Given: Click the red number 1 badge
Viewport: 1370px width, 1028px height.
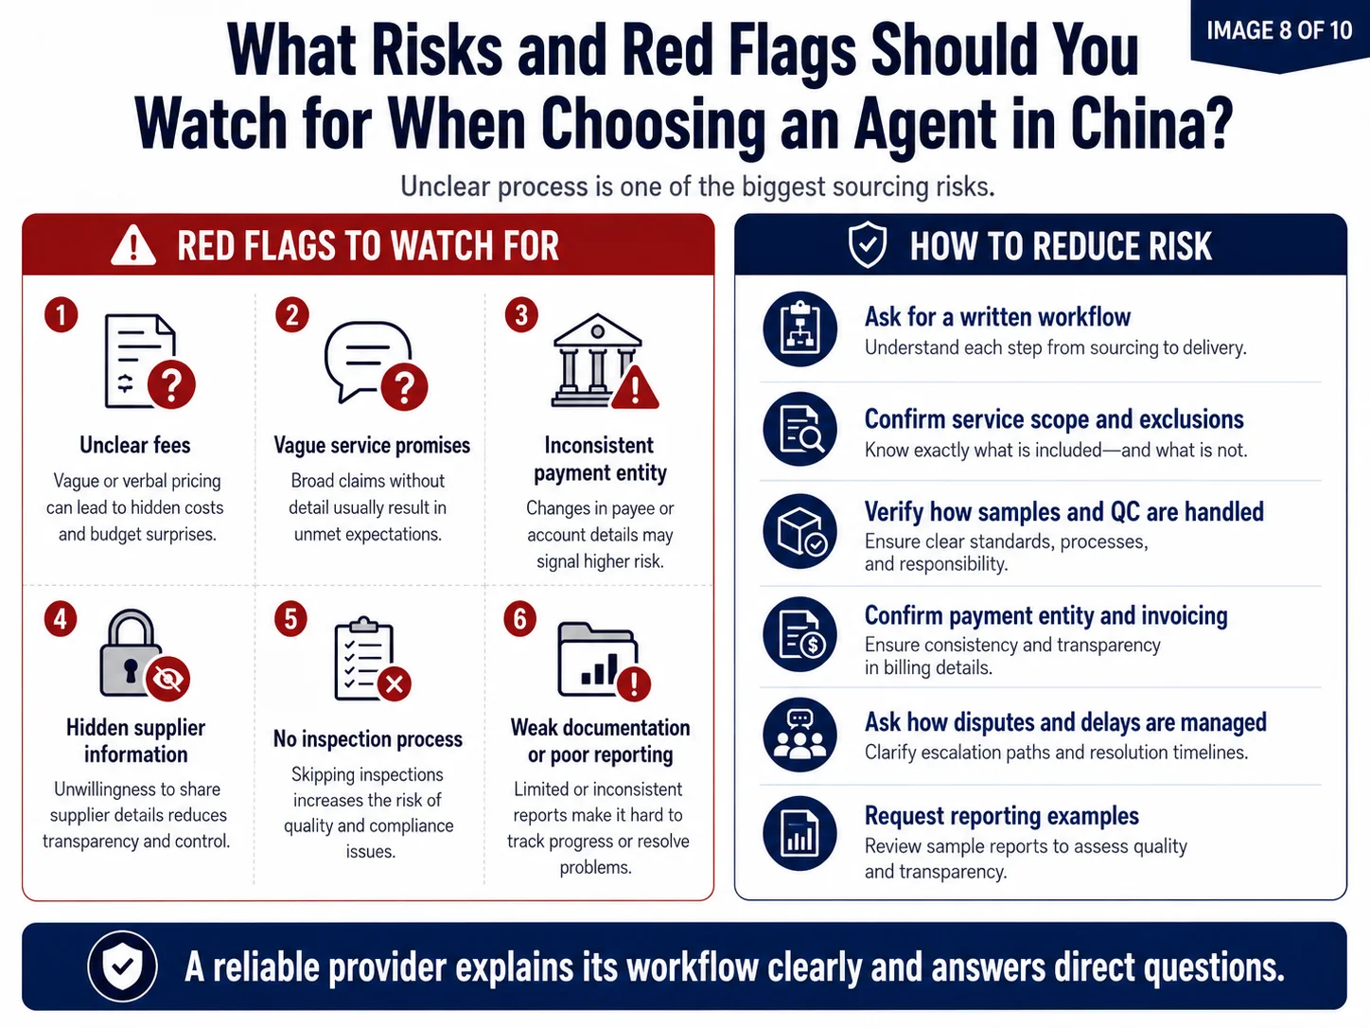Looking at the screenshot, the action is coord(61,314).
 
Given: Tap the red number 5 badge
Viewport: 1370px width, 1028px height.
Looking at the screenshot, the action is coord(290,619).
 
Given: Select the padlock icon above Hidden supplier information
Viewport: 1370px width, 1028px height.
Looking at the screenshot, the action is coord(145,654).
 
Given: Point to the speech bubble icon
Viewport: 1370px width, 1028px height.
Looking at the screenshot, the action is coord(376,364).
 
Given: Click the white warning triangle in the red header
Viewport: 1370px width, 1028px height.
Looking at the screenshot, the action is coord(133,246).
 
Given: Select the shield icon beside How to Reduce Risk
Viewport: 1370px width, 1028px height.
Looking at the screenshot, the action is coord(868,244).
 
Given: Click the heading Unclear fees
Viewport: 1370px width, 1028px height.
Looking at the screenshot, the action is coord(134,445).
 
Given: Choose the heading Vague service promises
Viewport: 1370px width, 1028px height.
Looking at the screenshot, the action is coord(372,445).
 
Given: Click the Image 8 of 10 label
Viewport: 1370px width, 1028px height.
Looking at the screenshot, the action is coord(1279,30).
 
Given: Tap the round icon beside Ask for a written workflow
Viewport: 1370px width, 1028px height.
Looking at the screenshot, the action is coord(799,328).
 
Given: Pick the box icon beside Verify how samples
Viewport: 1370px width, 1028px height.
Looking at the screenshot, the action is coord(799,531).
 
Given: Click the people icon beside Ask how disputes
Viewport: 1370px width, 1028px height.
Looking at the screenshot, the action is coord(799,735).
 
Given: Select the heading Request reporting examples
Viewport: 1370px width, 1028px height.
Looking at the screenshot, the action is coord(1002,816).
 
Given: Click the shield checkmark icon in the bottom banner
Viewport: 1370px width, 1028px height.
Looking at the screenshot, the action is coord(122,966).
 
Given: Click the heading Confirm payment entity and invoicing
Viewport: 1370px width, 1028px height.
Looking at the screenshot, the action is coord(1046,615).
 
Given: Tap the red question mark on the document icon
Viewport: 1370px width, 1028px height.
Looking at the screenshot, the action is coord(171,384).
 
